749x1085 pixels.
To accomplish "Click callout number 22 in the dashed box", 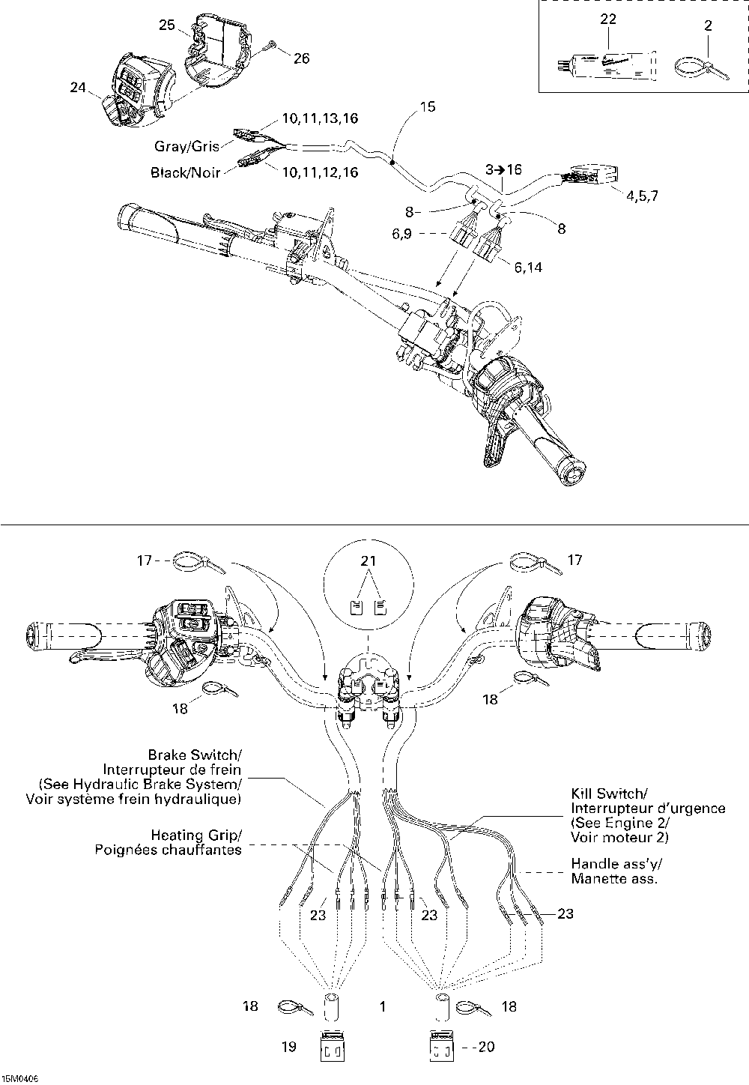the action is click(x=607, y=19).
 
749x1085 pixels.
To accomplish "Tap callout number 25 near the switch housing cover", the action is click(x=166, y=25).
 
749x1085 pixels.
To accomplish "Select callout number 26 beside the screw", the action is click(x=301, y=58).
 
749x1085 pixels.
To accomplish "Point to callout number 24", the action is click(x=78, y=88).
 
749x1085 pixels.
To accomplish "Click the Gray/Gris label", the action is click(x=187, y=146).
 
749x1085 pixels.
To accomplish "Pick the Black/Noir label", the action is click(x=185, y=172).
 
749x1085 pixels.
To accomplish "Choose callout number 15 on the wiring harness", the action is click(x=427, y=106).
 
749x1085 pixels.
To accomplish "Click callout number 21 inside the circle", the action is click(x=369, y=560).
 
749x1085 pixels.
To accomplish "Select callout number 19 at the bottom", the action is click(x=289, y=1047).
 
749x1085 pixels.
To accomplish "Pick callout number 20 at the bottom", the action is click(x=486, y=1047).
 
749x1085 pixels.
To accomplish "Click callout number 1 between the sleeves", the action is click(x=383, y=1006).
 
